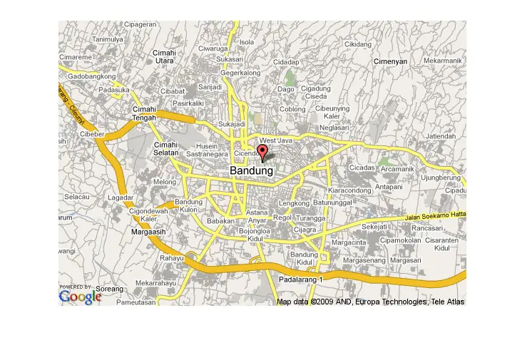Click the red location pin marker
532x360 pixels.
point(262,153)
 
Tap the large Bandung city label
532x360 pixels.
point(251,172)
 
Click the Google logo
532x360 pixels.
point(80,297)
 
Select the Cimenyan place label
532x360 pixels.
point(391,62)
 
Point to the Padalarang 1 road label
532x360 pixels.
point(300,280)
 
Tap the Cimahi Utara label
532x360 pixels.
point(164,57)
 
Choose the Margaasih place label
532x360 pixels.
point(148,232)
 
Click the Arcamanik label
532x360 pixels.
point(397,169)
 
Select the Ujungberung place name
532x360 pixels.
point(441,178)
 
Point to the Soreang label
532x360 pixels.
point(109,289)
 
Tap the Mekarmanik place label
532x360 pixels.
point(443,61)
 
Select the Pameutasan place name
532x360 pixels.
point(135,302)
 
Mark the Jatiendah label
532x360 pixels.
point(441,136)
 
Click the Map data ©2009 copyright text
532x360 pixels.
point(370,302)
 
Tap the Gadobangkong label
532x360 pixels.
point(91,76)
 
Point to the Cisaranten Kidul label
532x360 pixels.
point(441,244)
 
